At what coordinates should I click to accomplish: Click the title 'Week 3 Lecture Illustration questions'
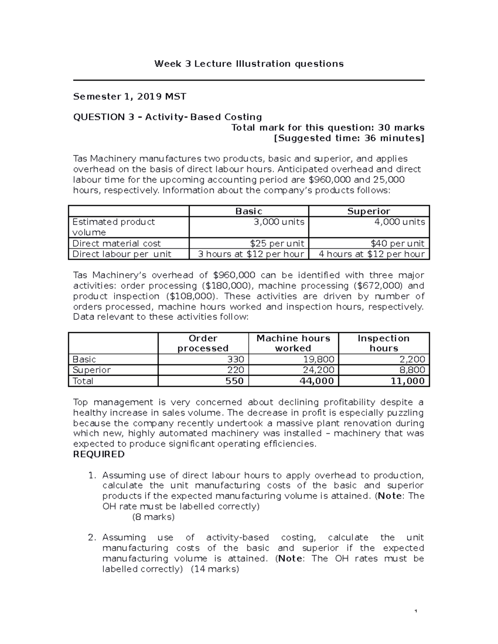tap(249, 64)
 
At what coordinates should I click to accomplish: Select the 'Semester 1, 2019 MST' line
tap(129, 97)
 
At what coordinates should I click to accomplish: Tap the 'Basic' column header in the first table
tap(249, 211)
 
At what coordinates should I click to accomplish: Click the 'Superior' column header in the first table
tap(369, 211)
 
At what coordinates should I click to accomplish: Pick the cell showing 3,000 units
tap(279, 222)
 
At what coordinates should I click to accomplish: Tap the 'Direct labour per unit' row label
tap(122, 254)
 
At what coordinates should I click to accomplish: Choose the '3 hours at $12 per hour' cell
tap(251, 254)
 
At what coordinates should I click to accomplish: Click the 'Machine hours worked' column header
tap(293, 343)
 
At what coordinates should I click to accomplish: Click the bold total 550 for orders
tap(234, 381)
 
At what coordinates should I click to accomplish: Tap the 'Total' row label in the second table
tap(83, 381)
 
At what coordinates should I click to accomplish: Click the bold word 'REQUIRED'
tap(99, 454)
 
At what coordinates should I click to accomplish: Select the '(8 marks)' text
tap(153, 517)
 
